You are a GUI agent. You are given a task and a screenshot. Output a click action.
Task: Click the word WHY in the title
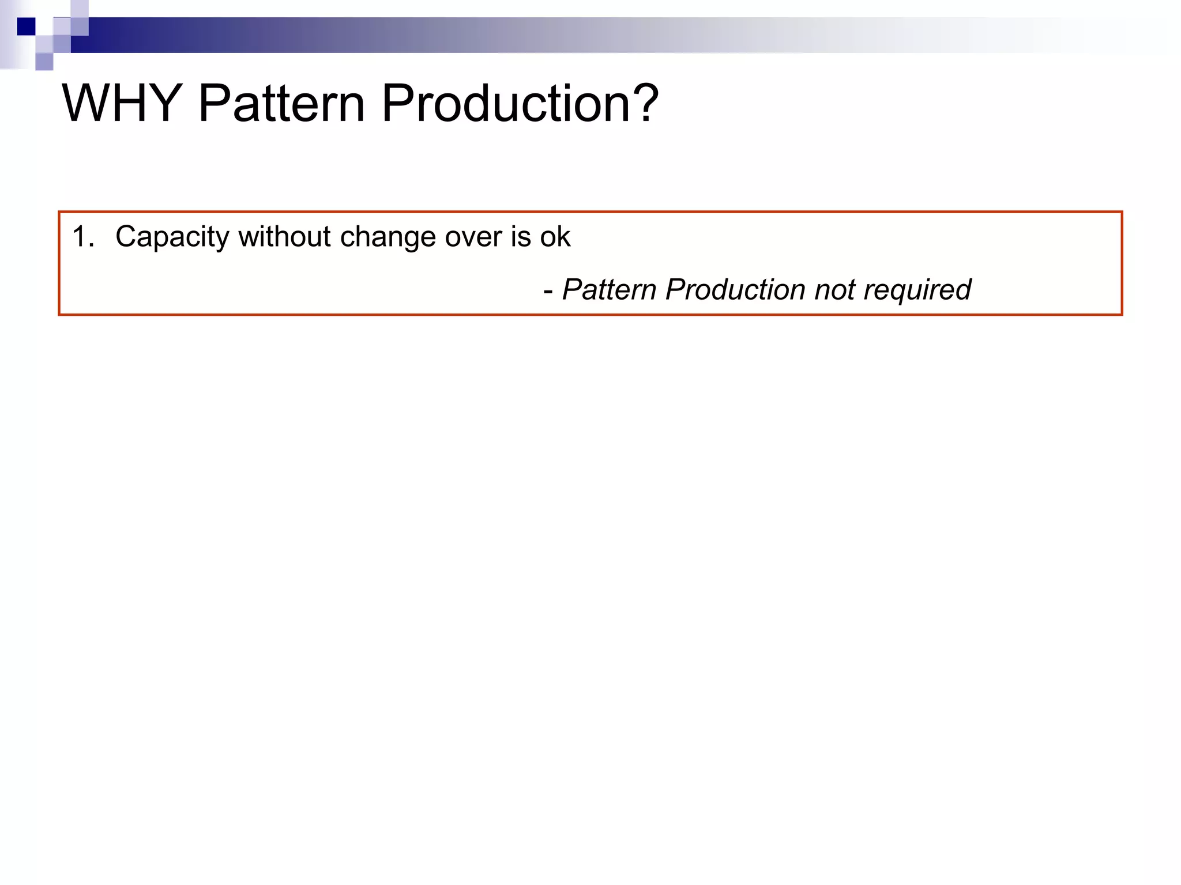(x=122, y=104)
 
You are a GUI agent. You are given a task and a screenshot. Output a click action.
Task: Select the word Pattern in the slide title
(x=281, y=104)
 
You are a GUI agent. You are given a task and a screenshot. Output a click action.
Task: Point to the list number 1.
(x=83, y=237)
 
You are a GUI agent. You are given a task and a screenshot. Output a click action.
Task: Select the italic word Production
(x=735, y=290)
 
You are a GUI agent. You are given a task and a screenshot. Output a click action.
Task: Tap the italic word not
(x=834, y=290)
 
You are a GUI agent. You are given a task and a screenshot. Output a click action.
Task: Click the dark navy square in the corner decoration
(x=26, y=27)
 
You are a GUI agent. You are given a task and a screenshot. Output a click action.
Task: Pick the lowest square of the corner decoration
(x=44, y=62)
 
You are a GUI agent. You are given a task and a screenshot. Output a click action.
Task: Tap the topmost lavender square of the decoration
(x=80, y=8)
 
